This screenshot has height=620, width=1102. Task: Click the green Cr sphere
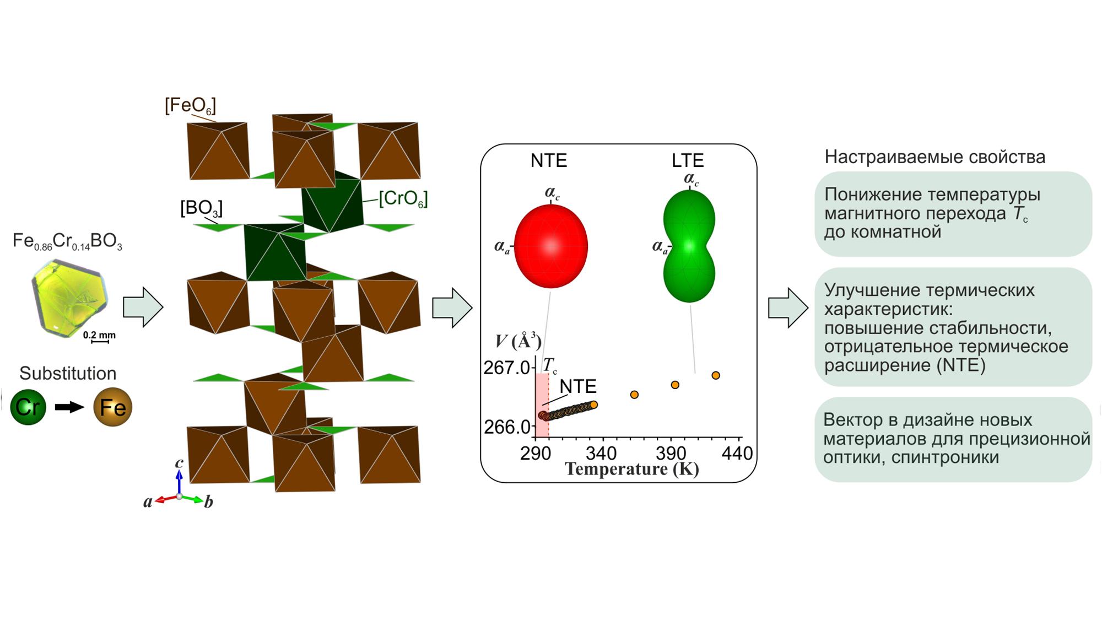(28, 407)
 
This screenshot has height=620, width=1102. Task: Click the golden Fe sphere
(113, 407)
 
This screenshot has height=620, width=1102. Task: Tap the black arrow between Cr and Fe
(69, 407)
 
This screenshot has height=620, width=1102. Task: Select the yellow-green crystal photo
(69, 298)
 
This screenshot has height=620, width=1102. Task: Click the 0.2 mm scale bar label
(99, 335)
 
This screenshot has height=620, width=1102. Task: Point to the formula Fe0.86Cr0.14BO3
(67, 242)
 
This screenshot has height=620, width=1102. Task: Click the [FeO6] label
(190, 105)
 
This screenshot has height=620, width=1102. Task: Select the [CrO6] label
(403, 198)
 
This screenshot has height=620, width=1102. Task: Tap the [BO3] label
(202, 208)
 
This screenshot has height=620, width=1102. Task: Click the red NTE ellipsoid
(551, 246)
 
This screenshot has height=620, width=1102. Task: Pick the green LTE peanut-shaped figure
(689, 246)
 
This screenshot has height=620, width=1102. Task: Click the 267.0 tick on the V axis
(506, 368)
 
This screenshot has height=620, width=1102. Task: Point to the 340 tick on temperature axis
(601, 454)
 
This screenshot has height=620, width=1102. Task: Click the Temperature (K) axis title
(632, 469)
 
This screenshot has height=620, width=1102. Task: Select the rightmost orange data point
(716, 375)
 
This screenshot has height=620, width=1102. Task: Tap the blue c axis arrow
(179, 482)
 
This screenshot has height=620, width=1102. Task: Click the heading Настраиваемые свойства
(935, 157)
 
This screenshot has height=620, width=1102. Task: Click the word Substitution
(68, 373)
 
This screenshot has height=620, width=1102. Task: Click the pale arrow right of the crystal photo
(143, 307)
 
